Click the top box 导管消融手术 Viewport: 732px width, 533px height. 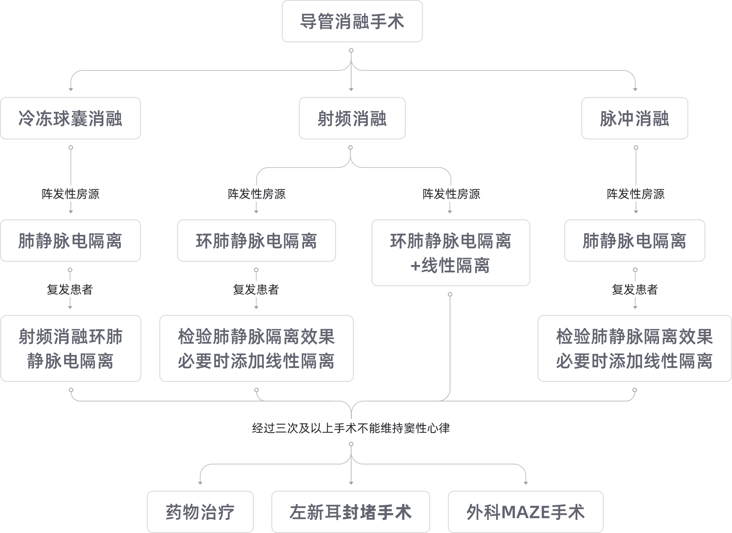click(x=352, y=21)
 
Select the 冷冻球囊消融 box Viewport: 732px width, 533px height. click(x=70, y=119)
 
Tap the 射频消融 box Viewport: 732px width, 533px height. click(x=352, y=119)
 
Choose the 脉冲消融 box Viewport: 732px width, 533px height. click(x=634, y=119)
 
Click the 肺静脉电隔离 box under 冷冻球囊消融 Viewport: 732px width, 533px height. click(x=70, y=241)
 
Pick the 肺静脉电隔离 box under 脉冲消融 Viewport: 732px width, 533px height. click(x=634, y=241)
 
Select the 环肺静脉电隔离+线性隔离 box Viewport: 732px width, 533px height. click(x=451, y=253)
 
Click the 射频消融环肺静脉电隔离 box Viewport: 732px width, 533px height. click(x=70, y=348)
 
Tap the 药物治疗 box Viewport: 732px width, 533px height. click(x=200, y=512)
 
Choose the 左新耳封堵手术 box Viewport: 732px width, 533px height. click(x=350, y=512)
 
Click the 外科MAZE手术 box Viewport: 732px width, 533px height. click(x=525, y=512)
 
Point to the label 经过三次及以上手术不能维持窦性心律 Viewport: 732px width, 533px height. click(x=351, y=428)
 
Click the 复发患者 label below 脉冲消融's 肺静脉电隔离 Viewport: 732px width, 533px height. click(x=634, y=289)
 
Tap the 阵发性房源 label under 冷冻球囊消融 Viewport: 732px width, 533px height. click(x=70, y=194)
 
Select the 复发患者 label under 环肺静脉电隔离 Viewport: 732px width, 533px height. click(x=256, y=289)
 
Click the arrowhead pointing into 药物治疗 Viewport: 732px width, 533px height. click(x=200, y=483)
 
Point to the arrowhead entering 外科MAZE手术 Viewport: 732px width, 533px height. click(x=525, y=483)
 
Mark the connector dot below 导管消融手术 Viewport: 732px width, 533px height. click(x=351, y=50)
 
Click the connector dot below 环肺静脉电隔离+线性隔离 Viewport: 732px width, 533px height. click(x=450, y=294)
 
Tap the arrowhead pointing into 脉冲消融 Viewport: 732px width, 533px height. click(x=635, y=89)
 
